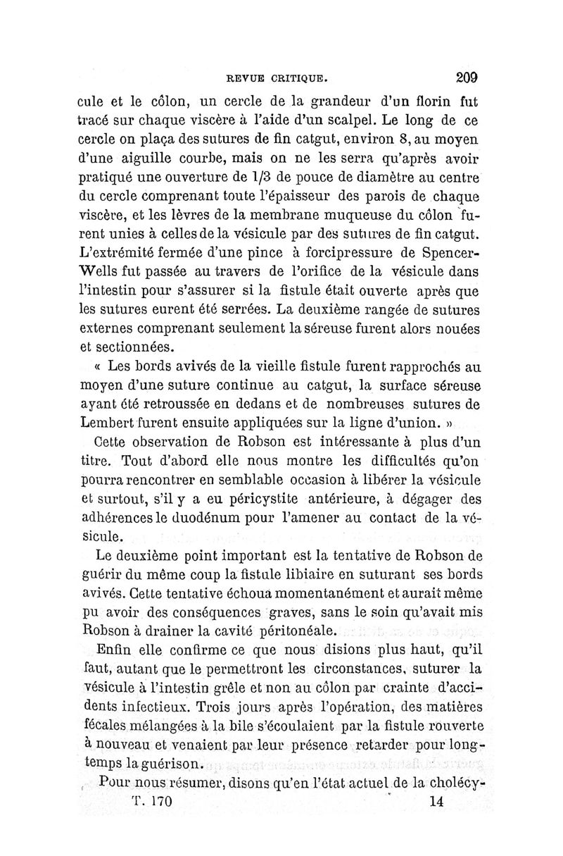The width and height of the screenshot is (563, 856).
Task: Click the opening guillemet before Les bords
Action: click(98, 368)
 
